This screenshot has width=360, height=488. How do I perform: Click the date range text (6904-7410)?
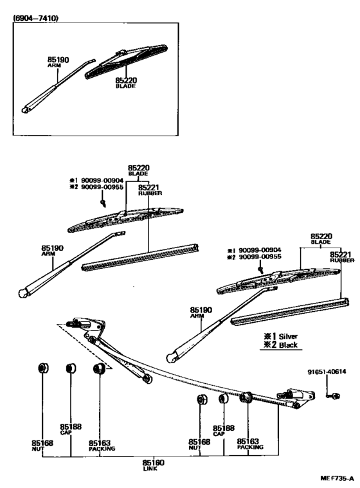(x=36, y=19)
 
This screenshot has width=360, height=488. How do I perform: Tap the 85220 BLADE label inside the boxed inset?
(x=125, y=83)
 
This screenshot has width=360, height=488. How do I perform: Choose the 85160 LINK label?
(x=154, y=465)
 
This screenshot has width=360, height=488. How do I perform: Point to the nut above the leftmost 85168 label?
(x=44, y=369)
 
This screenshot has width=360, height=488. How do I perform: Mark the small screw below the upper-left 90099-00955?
(x=104, y=203)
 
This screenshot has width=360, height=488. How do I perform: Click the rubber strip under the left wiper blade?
(x=138, y=256)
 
